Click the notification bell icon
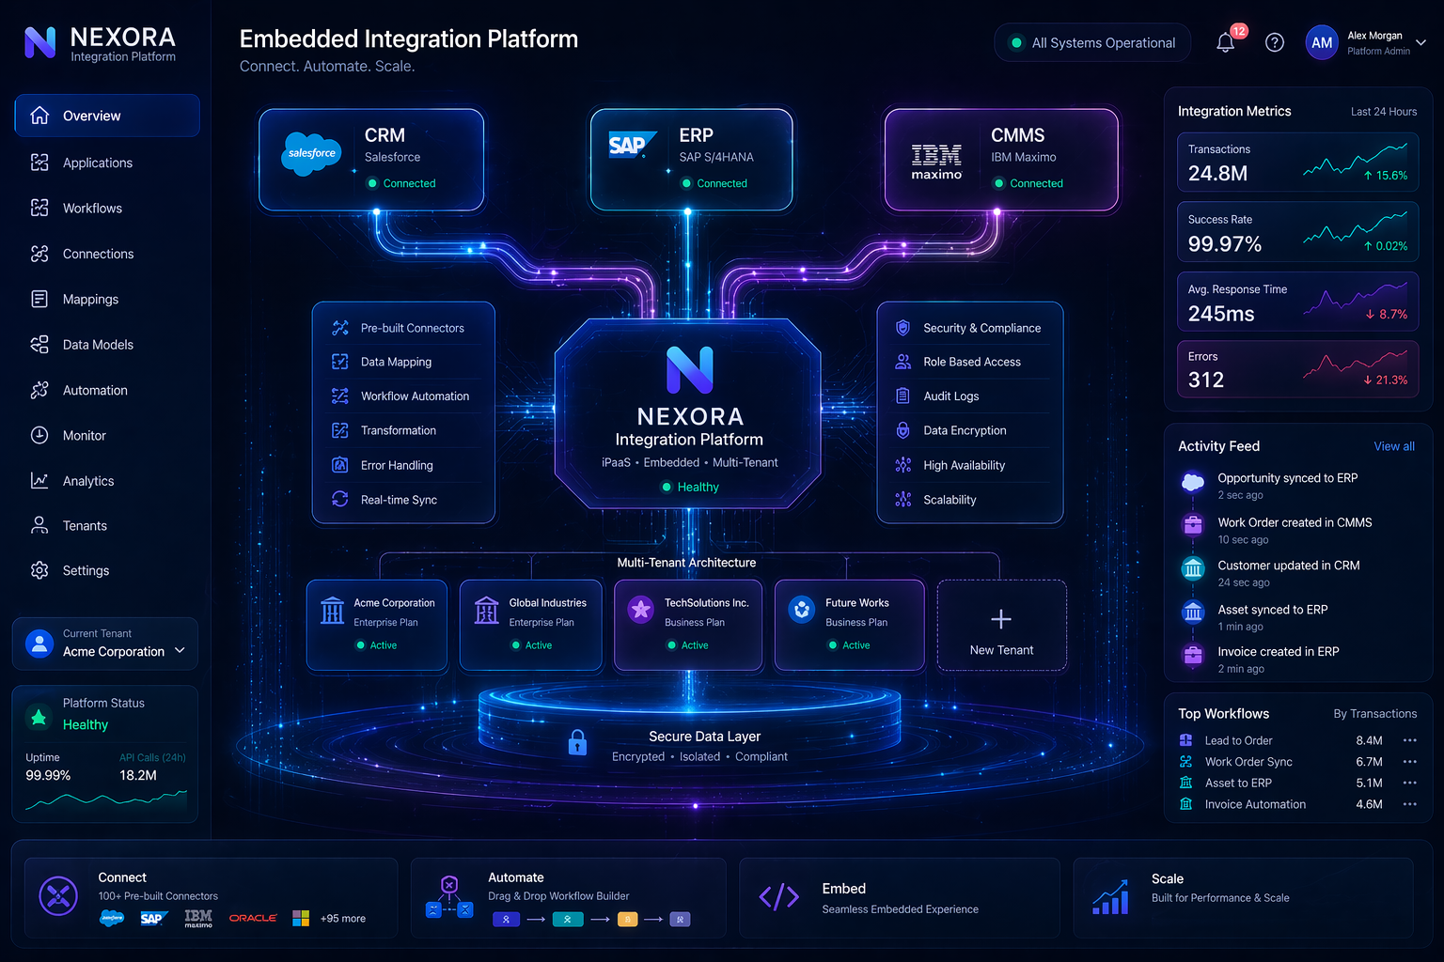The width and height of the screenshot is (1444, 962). point(1225,43)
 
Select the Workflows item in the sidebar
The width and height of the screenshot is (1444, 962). point(92,209)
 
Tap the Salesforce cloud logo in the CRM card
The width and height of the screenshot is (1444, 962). point(311,154)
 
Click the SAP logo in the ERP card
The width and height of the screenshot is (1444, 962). point(633,145)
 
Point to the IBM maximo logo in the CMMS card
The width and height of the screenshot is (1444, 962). point(936,162)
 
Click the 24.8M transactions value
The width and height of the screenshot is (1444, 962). point(1217,173)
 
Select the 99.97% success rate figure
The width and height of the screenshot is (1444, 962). point(1224,244)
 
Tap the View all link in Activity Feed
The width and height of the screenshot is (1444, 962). point(1394,446)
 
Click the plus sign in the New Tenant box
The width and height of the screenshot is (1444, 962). point(1000,619)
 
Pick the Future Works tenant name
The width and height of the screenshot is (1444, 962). point(856,602)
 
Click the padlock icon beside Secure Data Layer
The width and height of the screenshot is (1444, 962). point(577,741)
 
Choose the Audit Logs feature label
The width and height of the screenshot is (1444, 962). point(950,396)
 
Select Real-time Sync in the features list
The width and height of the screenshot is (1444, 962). point(399,500)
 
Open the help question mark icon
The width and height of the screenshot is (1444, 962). point(1274,42)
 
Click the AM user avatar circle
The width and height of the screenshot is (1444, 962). point(1322,42)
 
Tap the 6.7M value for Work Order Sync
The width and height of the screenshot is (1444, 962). point(1369,762)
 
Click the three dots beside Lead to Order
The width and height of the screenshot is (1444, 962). point(1409,740)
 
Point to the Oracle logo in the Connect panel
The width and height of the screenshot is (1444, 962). point(253,918)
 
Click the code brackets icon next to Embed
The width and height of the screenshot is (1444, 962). point(778,896)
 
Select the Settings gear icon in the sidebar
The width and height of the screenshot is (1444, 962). point(39,570)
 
